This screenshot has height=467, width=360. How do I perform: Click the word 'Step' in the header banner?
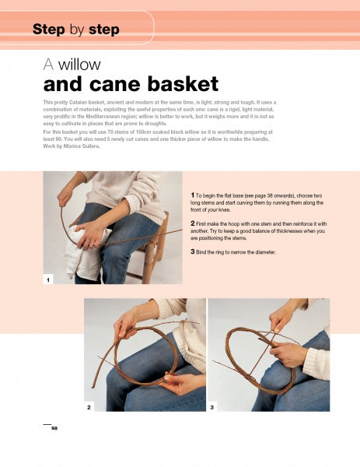[x=49, y=30]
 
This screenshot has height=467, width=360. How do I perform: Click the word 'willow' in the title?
[x=79, y=65]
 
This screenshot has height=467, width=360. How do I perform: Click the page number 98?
[x=54, y=428]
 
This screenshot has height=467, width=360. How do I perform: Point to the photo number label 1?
[x=48, y=279]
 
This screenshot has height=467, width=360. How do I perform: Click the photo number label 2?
[x=89, y=407]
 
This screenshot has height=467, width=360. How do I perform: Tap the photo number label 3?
[x=211, y=407]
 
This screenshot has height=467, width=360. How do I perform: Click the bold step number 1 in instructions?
[x=193, y=195]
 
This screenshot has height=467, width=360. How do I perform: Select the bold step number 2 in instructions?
[x=193, y=223]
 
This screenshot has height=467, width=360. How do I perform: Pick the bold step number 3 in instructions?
[x=193, y=251]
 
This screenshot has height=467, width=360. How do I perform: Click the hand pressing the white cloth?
[x=89, y=233]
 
